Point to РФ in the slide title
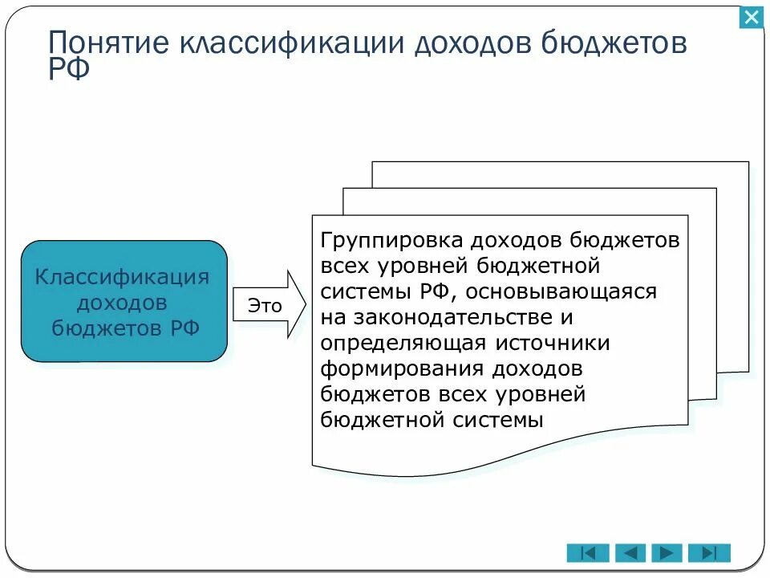pyautogui.click(x=69, y=69)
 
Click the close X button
pyautogui.click(x=752, y=17)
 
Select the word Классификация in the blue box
pyautogui.click(x=123, y=277)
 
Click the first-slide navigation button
pyautogui.click(x=587, y=552)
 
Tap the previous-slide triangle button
pyautogui.click(x=630, y=552)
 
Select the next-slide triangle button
pyautogui.click(x=667, y=552)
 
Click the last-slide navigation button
pyautogui.click(x=709, y=552)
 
